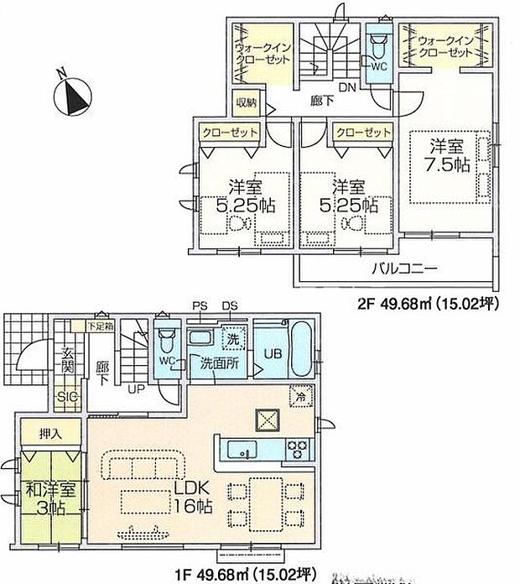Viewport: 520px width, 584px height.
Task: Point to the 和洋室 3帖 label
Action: [x=48, y=498]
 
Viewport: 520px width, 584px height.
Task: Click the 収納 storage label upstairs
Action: [x=246, y=103]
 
